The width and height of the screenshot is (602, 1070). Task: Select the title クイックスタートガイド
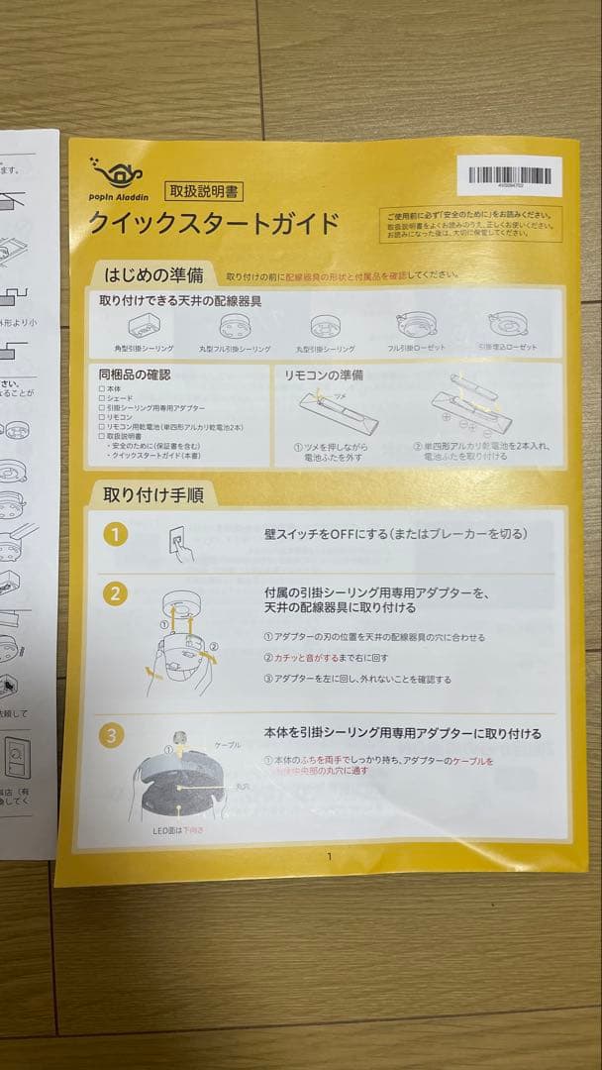coord(214,223)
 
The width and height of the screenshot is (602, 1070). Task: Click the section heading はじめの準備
coord(155,274)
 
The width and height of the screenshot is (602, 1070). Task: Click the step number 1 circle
coord(116,535)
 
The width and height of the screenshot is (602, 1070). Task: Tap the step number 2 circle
coord(116,593)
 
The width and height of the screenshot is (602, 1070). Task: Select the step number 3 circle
coord(114,734)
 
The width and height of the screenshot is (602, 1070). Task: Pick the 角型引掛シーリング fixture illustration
coord(144,326)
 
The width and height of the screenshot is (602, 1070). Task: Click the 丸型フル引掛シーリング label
coord(234,349)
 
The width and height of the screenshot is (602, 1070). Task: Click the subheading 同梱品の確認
coord(135,374)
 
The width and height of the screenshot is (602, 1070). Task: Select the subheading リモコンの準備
coord(324,375)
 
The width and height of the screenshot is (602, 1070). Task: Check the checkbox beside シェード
coord(102,398)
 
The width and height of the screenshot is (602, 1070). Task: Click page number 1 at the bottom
coord(329,857)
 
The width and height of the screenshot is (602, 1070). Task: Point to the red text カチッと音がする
coord(310,657)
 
